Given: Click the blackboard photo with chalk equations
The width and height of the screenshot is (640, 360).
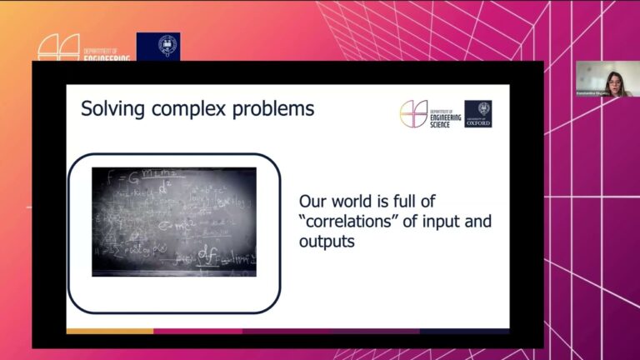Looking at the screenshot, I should coord(173,221).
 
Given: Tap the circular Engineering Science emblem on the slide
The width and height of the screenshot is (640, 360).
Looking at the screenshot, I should coord(413,114).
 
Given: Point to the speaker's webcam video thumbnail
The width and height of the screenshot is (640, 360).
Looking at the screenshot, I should coord(605,79).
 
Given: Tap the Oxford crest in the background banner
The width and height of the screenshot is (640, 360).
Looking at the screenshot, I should coord(158,46).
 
